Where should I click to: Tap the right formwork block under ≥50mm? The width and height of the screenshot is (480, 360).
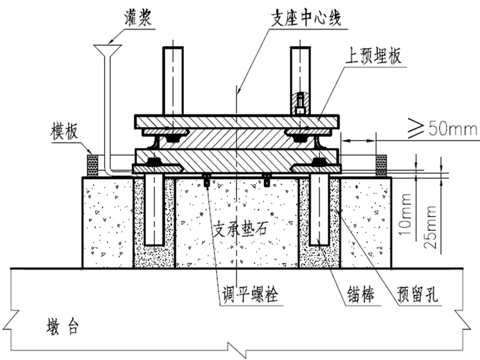point(381,166)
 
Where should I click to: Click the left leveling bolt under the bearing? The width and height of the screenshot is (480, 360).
point(207,181)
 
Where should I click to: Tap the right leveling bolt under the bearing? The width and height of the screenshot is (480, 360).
point(267,181)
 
